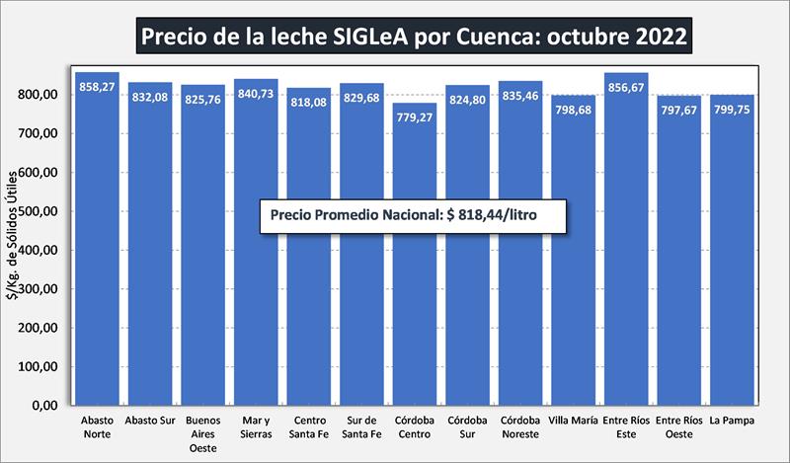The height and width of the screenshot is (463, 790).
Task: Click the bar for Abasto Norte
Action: point(97,247)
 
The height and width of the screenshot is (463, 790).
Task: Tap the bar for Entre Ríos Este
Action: point(626,247)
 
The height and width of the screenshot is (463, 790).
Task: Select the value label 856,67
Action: point(626,86)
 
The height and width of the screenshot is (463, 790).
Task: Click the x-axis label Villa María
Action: point(573,420)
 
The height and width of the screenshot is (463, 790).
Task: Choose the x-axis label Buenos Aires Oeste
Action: point(202,433)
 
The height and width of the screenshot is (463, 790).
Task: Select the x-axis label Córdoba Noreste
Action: point(519,426)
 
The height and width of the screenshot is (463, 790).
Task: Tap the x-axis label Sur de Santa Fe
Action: point(361,426)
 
